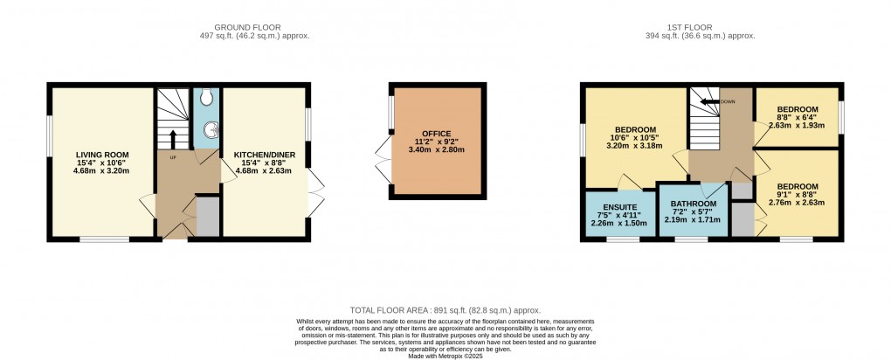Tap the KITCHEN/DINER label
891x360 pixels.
[264, 154]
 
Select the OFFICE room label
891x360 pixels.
[437, 133]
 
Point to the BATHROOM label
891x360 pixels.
[694, 204]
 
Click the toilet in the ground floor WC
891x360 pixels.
[205, 98]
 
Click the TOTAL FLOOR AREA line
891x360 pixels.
[445, 310]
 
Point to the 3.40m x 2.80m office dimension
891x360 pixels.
[437, 149]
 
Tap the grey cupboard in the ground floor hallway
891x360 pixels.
[208, 216]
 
